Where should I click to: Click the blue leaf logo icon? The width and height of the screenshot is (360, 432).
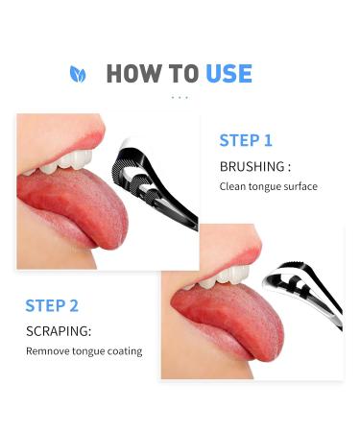coord(78,74)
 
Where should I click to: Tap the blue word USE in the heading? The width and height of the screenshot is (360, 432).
coord(228,74)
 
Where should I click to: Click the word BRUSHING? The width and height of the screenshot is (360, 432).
coord(251,166)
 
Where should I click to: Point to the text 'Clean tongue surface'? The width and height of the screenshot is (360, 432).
coord(268,186)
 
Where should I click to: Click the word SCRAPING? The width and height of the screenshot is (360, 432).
coord(59,330)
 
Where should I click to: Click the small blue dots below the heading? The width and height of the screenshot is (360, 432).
coord(180,98)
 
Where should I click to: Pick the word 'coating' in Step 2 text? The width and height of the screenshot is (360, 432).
coord(124,351)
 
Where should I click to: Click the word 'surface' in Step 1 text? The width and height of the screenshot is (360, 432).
coord(298,186)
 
